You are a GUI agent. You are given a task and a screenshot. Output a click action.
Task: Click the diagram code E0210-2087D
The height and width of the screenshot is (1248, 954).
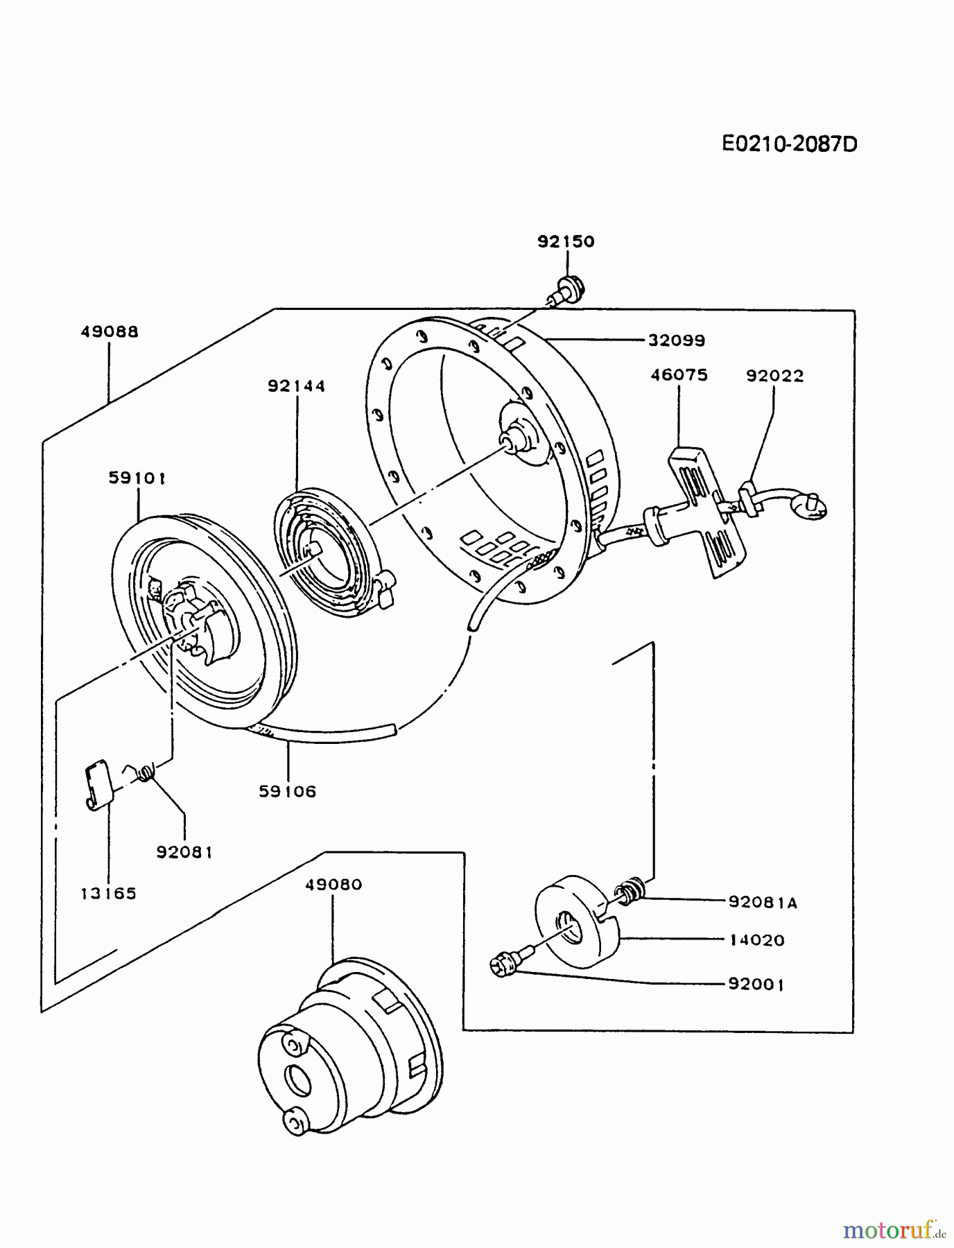[790, 144]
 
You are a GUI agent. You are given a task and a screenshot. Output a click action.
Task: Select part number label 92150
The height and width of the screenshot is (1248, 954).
[566, 241]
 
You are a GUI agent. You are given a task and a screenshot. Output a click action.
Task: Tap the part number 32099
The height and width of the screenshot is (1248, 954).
[677, 340]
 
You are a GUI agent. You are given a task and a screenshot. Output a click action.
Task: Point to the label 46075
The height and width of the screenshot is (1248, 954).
[679, 375]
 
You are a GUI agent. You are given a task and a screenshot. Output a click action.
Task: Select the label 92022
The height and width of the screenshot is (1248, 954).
[774, 376]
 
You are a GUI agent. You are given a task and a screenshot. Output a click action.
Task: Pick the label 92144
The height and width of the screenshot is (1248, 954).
[297, 386]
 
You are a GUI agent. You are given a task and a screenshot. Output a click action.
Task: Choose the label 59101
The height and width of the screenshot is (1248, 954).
[137, 478]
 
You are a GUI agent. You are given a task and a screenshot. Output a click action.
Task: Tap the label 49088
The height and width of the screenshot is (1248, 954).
[110, 331]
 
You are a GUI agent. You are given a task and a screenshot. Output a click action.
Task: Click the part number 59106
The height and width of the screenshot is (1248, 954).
[288, 791]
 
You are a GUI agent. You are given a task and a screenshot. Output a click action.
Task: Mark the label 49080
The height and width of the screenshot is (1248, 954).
[333, 885]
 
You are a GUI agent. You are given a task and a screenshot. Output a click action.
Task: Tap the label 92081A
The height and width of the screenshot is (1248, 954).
[763, 902]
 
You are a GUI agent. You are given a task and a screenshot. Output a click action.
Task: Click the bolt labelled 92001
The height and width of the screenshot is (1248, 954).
[504, 964]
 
